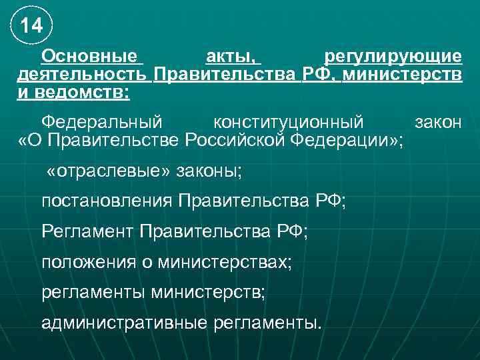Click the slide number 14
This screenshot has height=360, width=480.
[31, 26]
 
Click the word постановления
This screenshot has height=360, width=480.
[107, 201]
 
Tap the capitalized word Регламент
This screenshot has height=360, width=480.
[87, 232]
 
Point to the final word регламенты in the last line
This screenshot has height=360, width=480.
[268, 323]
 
